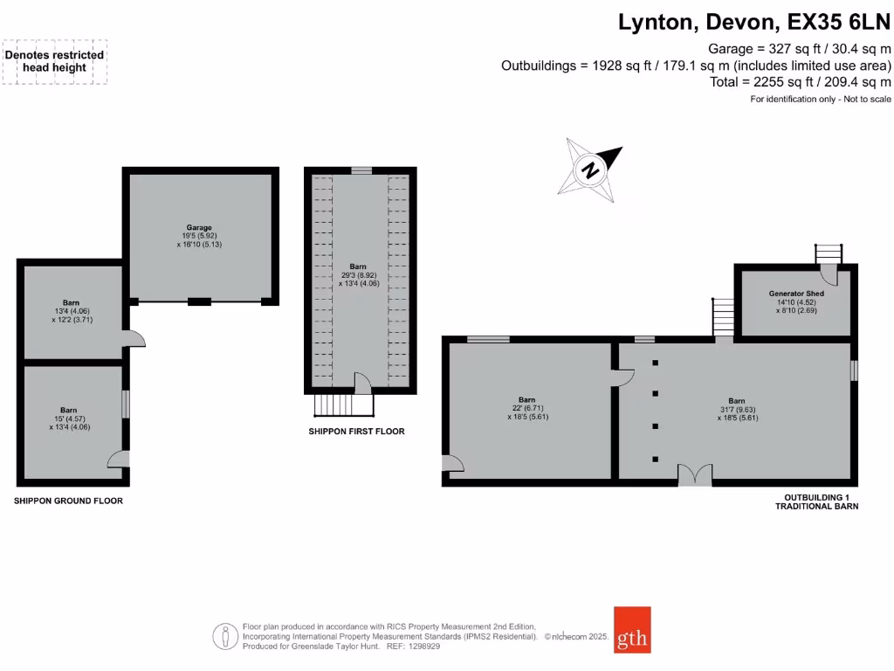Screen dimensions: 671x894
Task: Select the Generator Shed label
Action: pos(795,294)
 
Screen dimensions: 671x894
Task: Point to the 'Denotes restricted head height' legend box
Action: pos(54,61)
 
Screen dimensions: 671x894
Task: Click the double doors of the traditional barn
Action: pos(695,475)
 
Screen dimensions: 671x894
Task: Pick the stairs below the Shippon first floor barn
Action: pos(341,406)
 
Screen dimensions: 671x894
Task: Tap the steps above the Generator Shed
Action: pos(829,252)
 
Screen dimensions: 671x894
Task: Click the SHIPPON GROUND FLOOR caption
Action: pos(68,501)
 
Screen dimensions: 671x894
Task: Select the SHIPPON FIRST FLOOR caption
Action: pos(356,432)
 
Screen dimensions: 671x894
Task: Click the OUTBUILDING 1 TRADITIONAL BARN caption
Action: pos(817,502)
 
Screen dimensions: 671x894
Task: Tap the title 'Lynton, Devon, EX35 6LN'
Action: pos(754,22)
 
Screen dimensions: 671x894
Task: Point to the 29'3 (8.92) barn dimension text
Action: pos(358,274)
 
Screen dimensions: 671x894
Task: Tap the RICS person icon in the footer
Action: pos(226,636)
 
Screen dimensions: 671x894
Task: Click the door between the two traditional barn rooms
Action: pos(622,376)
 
